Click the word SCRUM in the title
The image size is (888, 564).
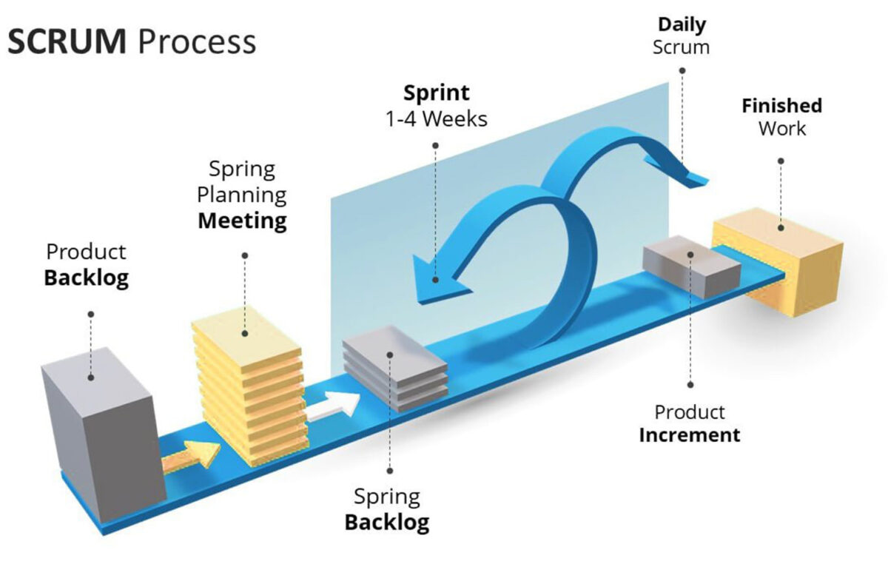click(x=67, y=42)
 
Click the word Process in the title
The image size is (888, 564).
click(x=197, y=42)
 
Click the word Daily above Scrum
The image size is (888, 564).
click(x=682, y=24)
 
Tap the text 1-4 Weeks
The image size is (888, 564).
click(x=437, y=118)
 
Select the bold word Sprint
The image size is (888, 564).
click(x=436, y=93)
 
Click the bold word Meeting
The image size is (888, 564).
click(x=242, y=221)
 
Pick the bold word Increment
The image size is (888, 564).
click(x=689, y=434)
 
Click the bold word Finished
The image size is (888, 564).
click(x=781, y=105)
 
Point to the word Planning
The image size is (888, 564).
click(x=241, y=195)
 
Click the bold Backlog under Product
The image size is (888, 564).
click(x=87, y=278)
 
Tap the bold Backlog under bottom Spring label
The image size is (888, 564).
click(x=386, y=523)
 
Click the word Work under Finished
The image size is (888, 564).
click(x=781, y=128)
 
